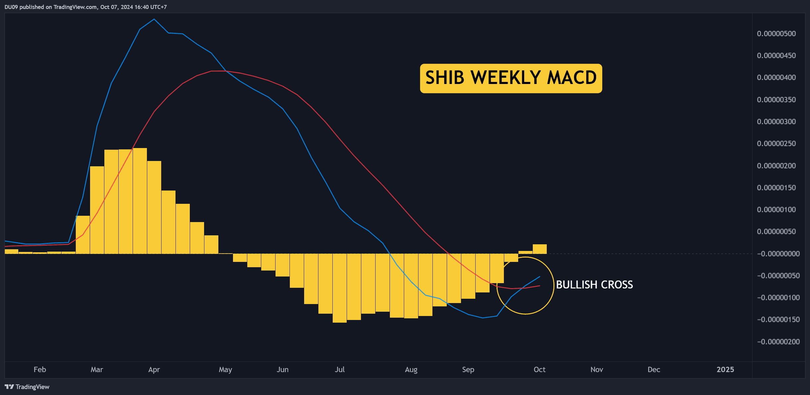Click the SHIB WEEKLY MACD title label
pyautogui.click(x=511, y=78)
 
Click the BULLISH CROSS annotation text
pyautogui.click(x=594, y=285)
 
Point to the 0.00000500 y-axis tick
pyautogui.click(x=776, y=34)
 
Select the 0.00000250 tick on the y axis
pyautogui.click(x=776, y=143)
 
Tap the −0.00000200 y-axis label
pyautogui.click(x=778, y=342)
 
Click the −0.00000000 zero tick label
pyautogui.click(x=778, y=254)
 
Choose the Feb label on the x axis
pyautogui.click(x=40, y=369)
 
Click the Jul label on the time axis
pyautogui.click(x=340, y=369)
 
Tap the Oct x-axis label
pyautogui.click(x=539, y=369)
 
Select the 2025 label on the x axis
pyautogui.click(x=725, y=369)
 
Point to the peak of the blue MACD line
pyautogui.click(x=154, y=19)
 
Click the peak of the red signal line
pyautogui.click(x=218, y=71)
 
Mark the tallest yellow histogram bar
pyautogui.click(x=140, y=201)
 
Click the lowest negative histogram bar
pyautogui.click(x=340, y=288)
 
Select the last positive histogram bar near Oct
pyautogui.click(x=540, y=249)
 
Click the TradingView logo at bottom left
pyautogui.click(x=27, y=387)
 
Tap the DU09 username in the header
pyautogui.click(x=11, y=7)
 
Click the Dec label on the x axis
pyautogui.click(x=654, y=369)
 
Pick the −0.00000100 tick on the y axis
pyautogui.click(x=778, y=297)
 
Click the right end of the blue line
pyautogui.click(x=540, y=276)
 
